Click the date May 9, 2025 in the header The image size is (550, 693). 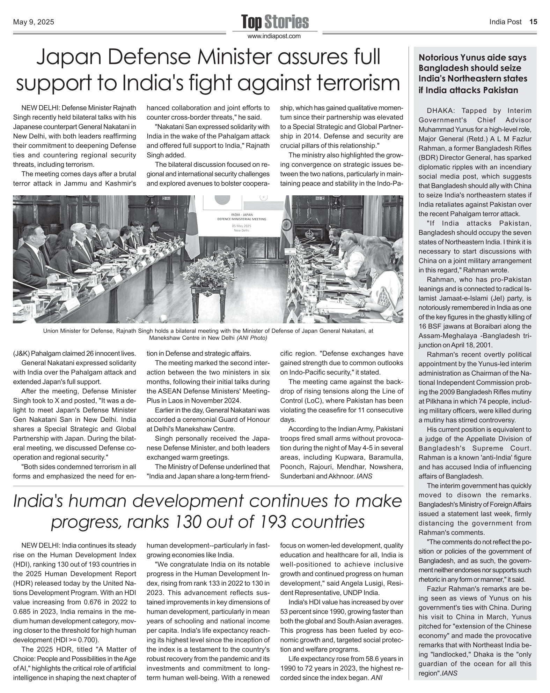tap(34, 22)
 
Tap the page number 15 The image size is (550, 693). tap(533, 22)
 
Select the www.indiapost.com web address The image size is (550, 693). tap(274, 36)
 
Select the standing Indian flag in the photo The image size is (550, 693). tap(287, 223)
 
